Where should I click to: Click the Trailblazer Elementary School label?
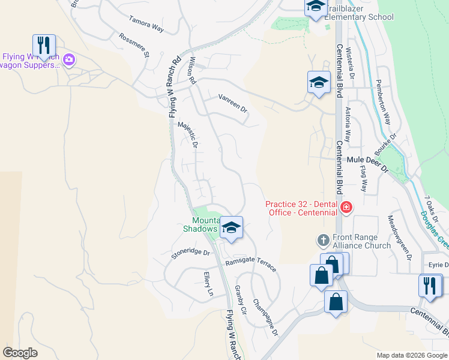pos(359,13)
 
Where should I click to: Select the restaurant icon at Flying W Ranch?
pos(44,46)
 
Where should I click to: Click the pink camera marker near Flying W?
pos(69,59)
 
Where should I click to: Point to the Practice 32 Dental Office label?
pos(302,208)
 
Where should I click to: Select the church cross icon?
pos(322,241)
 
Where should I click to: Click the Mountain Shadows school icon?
pos(231,228)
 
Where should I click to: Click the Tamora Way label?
pos(146,24)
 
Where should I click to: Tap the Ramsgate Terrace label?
pos(252,265)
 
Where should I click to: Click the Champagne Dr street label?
pos(265,317)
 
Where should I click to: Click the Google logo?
pos(20,352)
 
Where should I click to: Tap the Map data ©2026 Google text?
pos(411,355)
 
